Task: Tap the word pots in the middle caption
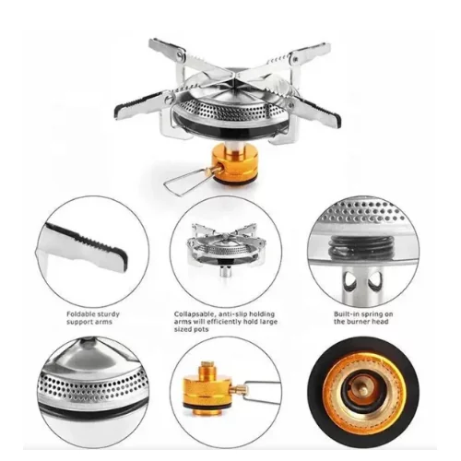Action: tap(200, 330)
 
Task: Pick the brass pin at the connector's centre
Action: tap(363, 390)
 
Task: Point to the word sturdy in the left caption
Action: tap(108, 314)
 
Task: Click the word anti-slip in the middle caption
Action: tap(232, 314)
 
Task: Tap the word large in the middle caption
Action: tap(268, 322)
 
